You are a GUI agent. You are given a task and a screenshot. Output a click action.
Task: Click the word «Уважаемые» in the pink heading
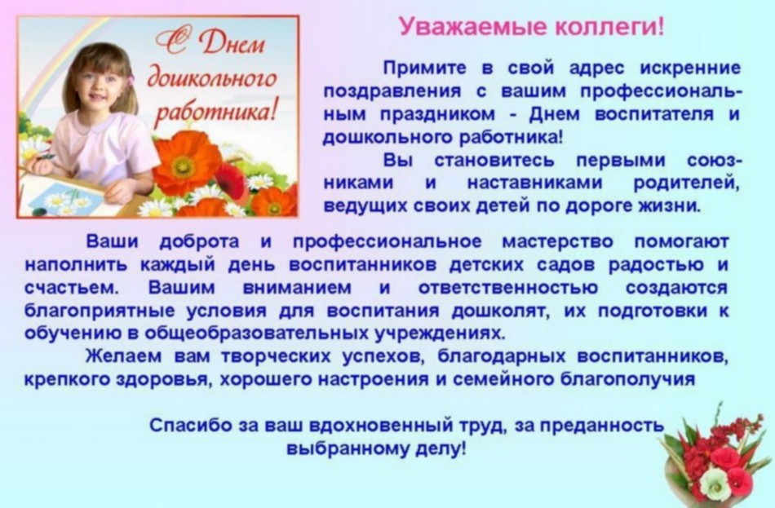(x=473, y=27)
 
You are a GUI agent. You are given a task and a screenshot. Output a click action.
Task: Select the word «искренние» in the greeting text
(x=690, y=68)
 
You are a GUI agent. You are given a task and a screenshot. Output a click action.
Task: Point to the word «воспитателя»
(x=654, y=114)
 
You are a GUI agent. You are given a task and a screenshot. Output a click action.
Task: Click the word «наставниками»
(x=535, y=183)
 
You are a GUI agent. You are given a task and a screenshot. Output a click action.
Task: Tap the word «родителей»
(x=687, y=183)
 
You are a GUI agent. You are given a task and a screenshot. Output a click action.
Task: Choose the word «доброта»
(x=200, y=242)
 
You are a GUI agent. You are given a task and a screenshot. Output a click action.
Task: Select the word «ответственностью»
(x=507, y=288)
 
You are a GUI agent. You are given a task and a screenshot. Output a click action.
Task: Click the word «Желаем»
(x=123, y=356)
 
